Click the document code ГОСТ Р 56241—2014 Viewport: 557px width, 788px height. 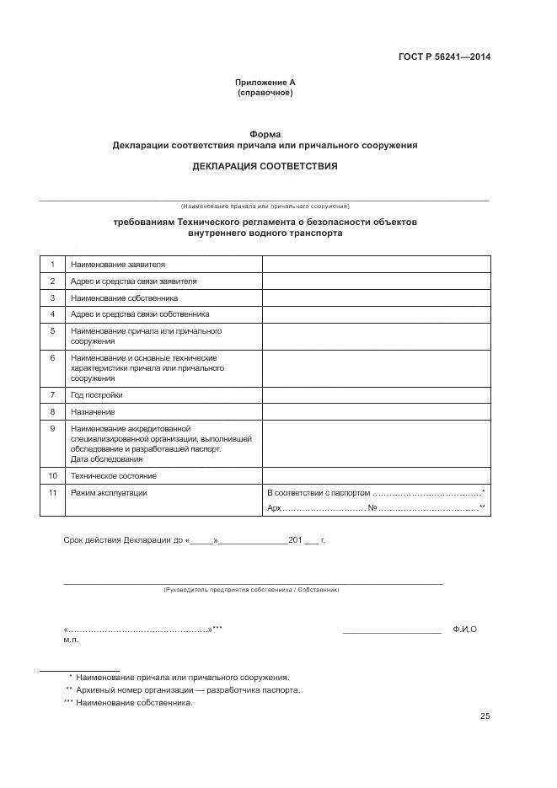coord(444,57)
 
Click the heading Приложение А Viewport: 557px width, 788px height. coord(265,83)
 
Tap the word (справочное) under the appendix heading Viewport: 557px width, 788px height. coord(265,93)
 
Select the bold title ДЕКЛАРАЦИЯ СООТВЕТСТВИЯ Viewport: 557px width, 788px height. coord(265,166)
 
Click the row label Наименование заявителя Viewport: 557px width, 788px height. coord(118,265)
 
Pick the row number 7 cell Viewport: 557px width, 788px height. coord(52,394)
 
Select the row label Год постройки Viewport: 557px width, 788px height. coord(97,394)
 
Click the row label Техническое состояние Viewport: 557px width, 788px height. coord(114,476)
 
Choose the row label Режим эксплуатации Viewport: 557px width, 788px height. coord(110,492)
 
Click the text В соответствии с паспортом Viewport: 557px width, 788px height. coord(318,492)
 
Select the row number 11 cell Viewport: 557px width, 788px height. coord(52,492)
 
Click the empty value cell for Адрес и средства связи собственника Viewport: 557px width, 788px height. coord(376,314)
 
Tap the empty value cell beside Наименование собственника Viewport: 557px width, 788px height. coord(376,298)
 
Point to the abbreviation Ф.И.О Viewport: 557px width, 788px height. coord(464,630)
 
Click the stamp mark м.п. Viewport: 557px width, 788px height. coord(71,641)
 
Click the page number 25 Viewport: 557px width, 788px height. coord(485,716)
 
